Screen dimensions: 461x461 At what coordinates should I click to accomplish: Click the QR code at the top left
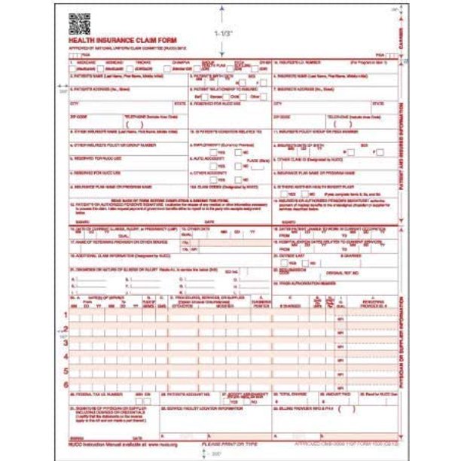tap(79, 23)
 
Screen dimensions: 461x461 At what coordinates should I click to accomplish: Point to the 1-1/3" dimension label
tap(224, 33)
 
